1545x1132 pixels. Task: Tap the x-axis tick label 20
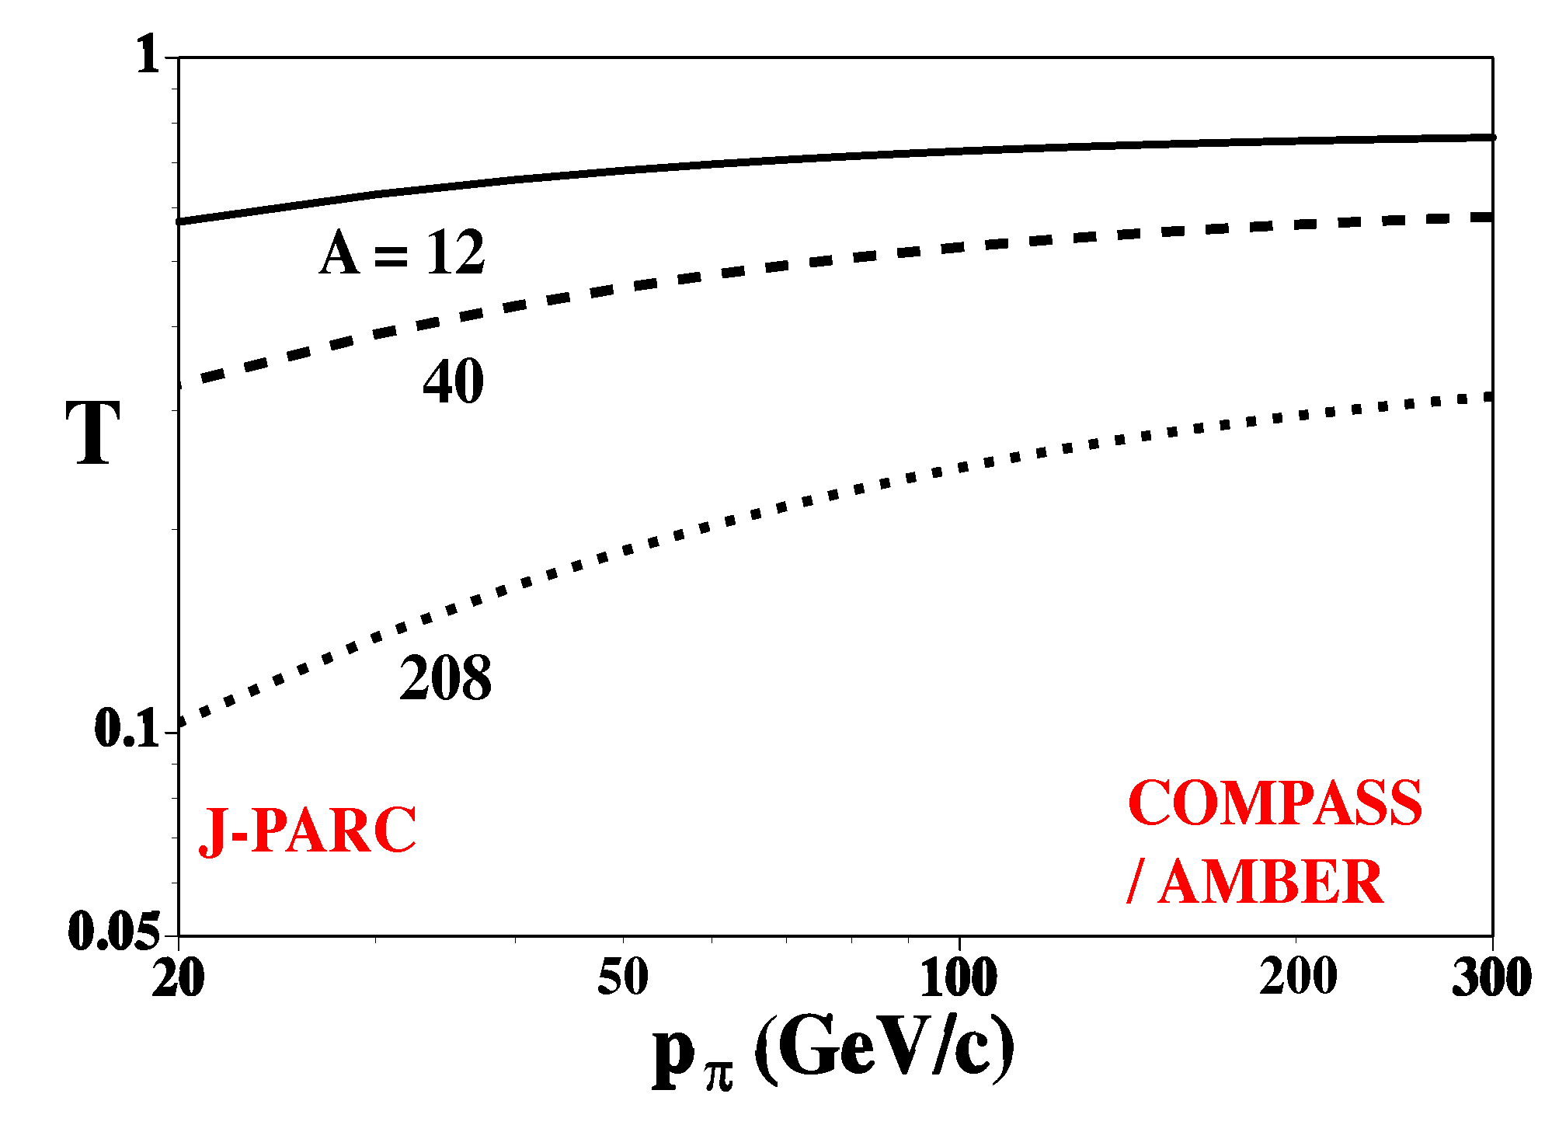point(178,977)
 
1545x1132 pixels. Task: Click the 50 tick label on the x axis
point(623,977)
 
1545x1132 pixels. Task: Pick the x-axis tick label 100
point(959,977)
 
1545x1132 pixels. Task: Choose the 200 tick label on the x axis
point(1298,977)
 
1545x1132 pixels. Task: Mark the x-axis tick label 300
point(1491,977)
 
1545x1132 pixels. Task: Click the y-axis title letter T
point(93,433)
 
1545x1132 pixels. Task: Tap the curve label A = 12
point(402,253)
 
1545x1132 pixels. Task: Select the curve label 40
point(454,381)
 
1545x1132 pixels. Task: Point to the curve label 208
point(446,678)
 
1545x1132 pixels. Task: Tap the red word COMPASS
point(1275,803)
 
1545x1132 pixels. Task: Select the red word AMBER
point(1271,883)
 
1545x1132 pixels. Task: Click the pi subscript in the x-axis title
point(719,1077)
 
